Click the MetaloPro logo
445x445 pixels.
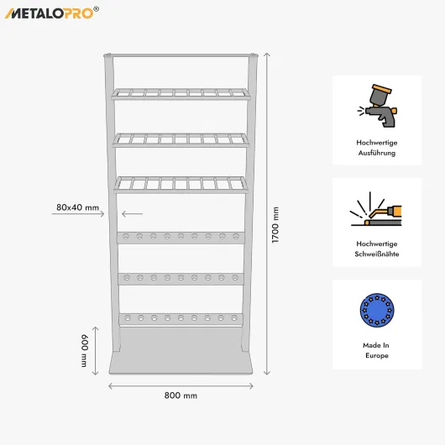(x=52, y=13)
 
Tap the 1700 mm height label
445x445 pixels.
(x=275, y=225)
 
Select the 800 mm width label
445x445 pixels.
(x=181, y=395)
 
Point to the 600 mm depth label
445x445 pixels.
(x=84, y=350)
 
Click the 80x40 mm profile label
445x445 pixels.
(x=77, y=207)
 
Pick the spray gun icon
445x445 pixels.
(x=377, y=106)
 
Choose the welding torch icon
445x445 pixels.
(x=376, y=209)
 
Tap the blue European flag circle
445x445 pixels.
(x=377, y=310)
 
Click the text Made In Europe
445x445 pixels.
(x=377, y=350)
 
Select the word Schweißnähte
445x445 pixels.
(x=377, y=254)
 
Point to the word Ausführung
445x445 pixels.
(x=377, y=153)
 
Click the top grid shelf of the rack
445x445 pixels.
(x=181, y=94)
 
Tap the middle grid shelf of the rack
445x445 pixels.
(x=181, y=140)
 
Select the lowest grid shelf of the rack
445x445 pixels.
(x=181, y=185)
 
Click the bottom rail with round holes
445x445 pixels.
(x=181, y=319)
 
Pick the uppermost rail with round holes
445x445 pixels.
(x=181, y=238)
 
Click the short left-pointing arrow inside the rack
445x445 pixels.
(x=133, y=214)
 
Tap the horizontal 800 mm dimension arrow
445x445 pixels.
(x=181, y=386)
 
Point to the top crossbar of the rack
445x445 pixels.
(x=181, y=55)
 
